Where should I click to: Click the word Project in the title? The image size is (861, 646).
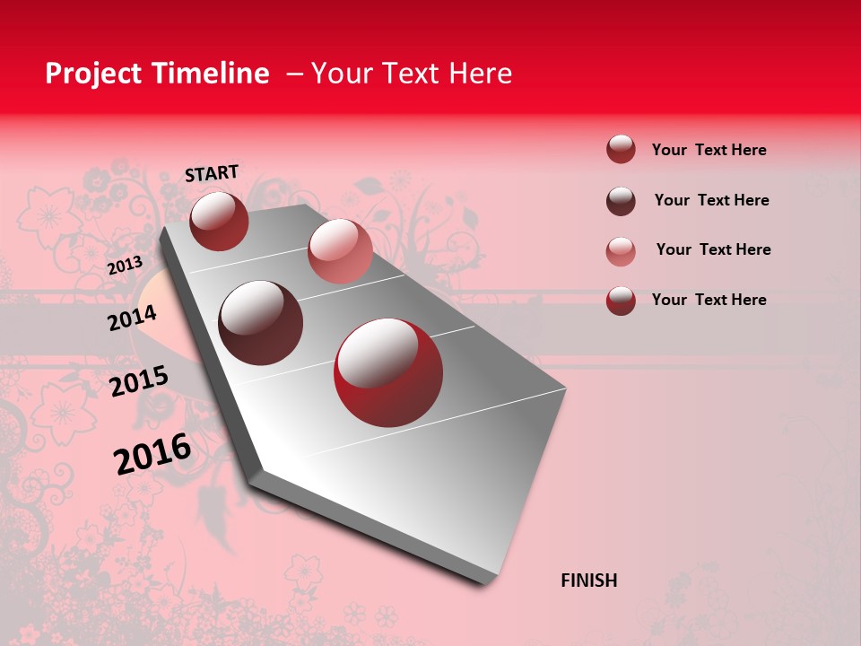92,74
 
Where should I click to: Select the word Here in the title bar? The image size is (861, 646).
480,74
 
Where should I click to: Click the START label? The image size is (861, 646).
212,173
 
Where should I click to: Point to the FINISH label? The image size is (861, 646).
589,581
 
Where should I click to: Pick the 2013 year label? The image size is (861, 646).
125,266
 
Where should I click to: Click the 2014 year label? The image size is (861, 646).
132,318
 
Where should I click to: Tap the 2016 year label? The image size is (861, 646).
152,454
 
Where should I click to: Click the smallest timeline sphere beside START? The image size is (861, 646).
219,221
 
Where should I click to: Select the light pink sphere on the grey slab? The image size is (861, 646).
339,250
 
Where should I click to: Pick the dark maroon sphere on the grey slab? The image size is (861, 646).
260,322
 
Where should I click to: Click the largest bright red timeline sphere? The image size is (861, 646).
387,372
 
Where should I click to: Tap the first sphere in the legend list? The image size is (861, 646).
621,150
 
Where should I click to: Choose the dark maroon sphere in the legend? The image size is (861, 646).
621,200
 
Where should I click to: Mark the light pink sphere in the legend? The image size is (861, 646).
621,250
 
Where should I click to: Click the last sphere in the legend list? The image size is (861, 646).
621,301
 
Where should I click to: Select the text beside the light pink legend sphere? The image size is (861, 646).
713,249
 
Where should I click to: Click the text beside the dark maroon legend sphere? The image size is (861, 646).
711,200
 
